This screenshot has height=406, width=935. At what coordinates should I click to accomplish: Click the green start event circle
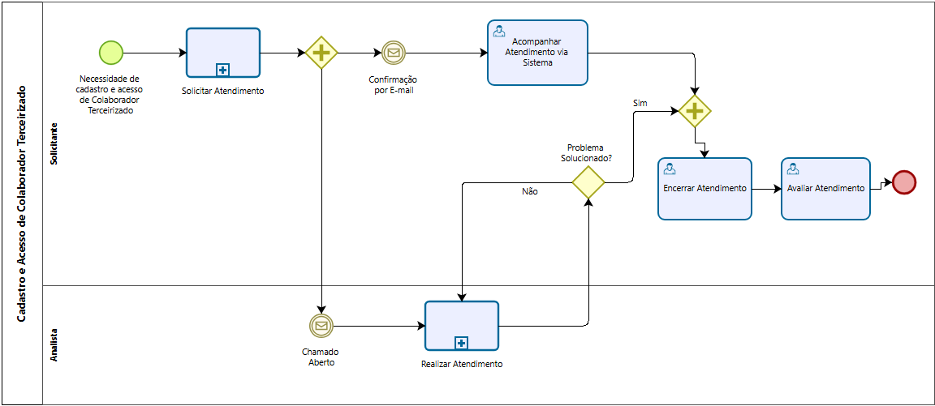111,53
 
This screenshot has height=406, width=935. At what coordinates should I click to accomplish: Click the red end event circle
904,182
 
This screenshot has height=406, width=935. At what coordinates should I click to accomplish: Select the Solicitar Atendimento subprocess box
223,53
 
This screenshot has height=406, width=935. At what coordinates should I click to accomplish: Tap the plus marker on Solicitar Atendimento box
223,71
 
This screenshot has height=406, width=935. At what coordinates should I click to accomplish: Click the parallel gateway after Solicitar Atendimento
321,53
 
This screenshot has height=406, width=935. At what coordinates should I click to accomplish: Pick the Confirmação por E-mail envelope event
393,53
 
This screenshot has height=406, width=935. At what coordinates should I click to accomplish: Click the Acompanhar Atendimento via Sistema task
537,53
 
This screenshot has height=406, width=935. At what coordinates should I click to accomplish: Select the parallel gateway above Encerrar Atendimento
695,111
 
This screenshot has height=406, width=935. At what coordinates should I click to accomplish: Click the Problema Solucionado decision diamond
588,182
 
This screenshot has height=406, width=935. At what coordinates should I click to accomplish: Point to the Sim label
640,103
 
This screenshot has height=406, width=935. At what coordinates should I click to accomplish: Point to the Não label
530,192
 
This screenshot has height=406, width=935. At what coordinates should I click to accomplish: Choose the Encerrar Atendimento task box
704,189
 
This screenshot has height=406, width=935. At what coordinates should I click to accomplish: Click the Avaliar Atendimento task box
826,189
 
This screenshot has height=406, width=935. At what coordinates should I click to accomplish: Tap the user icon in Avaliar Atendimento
792,169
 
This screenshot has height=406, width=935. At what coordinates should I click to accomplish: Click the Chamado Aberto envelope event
321,326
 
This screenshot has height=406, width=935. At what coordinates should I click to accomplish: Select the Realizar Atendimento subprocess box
462,326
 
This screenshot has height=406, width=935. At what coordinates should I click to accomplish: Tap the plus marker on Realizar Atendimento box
462,344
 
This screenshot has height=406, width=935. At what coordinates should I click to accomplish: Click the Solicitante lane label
54,143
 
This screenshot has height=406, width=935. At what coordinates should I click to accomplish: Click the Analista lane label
54,345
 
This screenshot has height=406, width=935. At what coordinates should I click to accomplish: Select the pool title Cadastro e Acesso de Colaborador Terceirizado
21,203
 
